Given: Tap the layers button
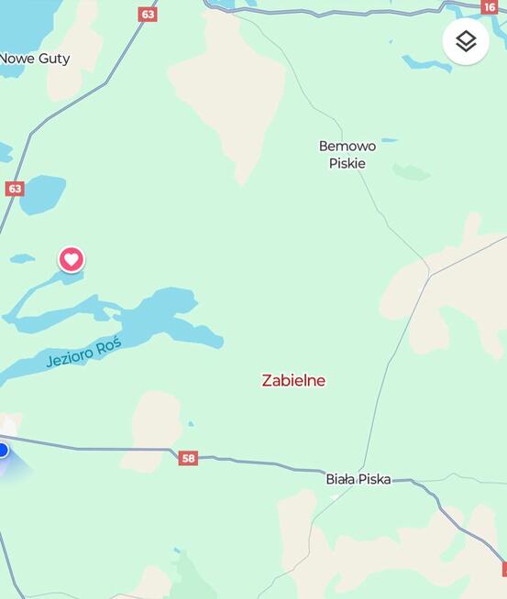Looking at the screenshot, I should point(466,41).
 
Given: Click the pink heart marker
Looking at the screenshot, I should point(72,259).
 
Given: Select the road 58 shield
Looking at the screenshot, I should point(188,458).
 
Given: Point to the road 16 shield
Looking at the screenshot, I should point(490,7).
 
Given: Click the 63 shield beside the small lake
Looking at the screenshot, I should point(14,189).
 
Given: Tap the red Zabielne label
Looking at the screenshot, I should point(293,380).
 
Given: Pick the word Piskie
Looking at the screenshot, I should point(347,163).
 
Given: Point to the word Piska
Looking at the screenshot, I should point(375,479).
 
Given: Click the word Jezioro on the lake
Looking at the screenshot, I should point(69,356).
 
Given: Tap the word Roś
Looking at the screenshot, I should point(108,342).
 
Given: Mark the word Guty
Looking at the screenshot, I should point(54,59).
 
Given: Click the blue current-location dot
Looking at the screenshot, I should point(2,450).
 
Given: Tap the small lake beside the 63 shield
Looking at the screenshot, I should point(43,194).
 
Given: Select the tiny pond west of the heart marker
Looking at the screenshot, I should point(22,258).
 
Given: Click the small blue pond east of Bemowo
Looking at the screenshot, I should point(390,140).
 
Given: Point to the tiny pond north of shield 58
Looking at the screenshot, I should point(190,424).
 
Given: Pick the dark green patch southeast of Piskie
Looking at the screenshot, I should point(412,172).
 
